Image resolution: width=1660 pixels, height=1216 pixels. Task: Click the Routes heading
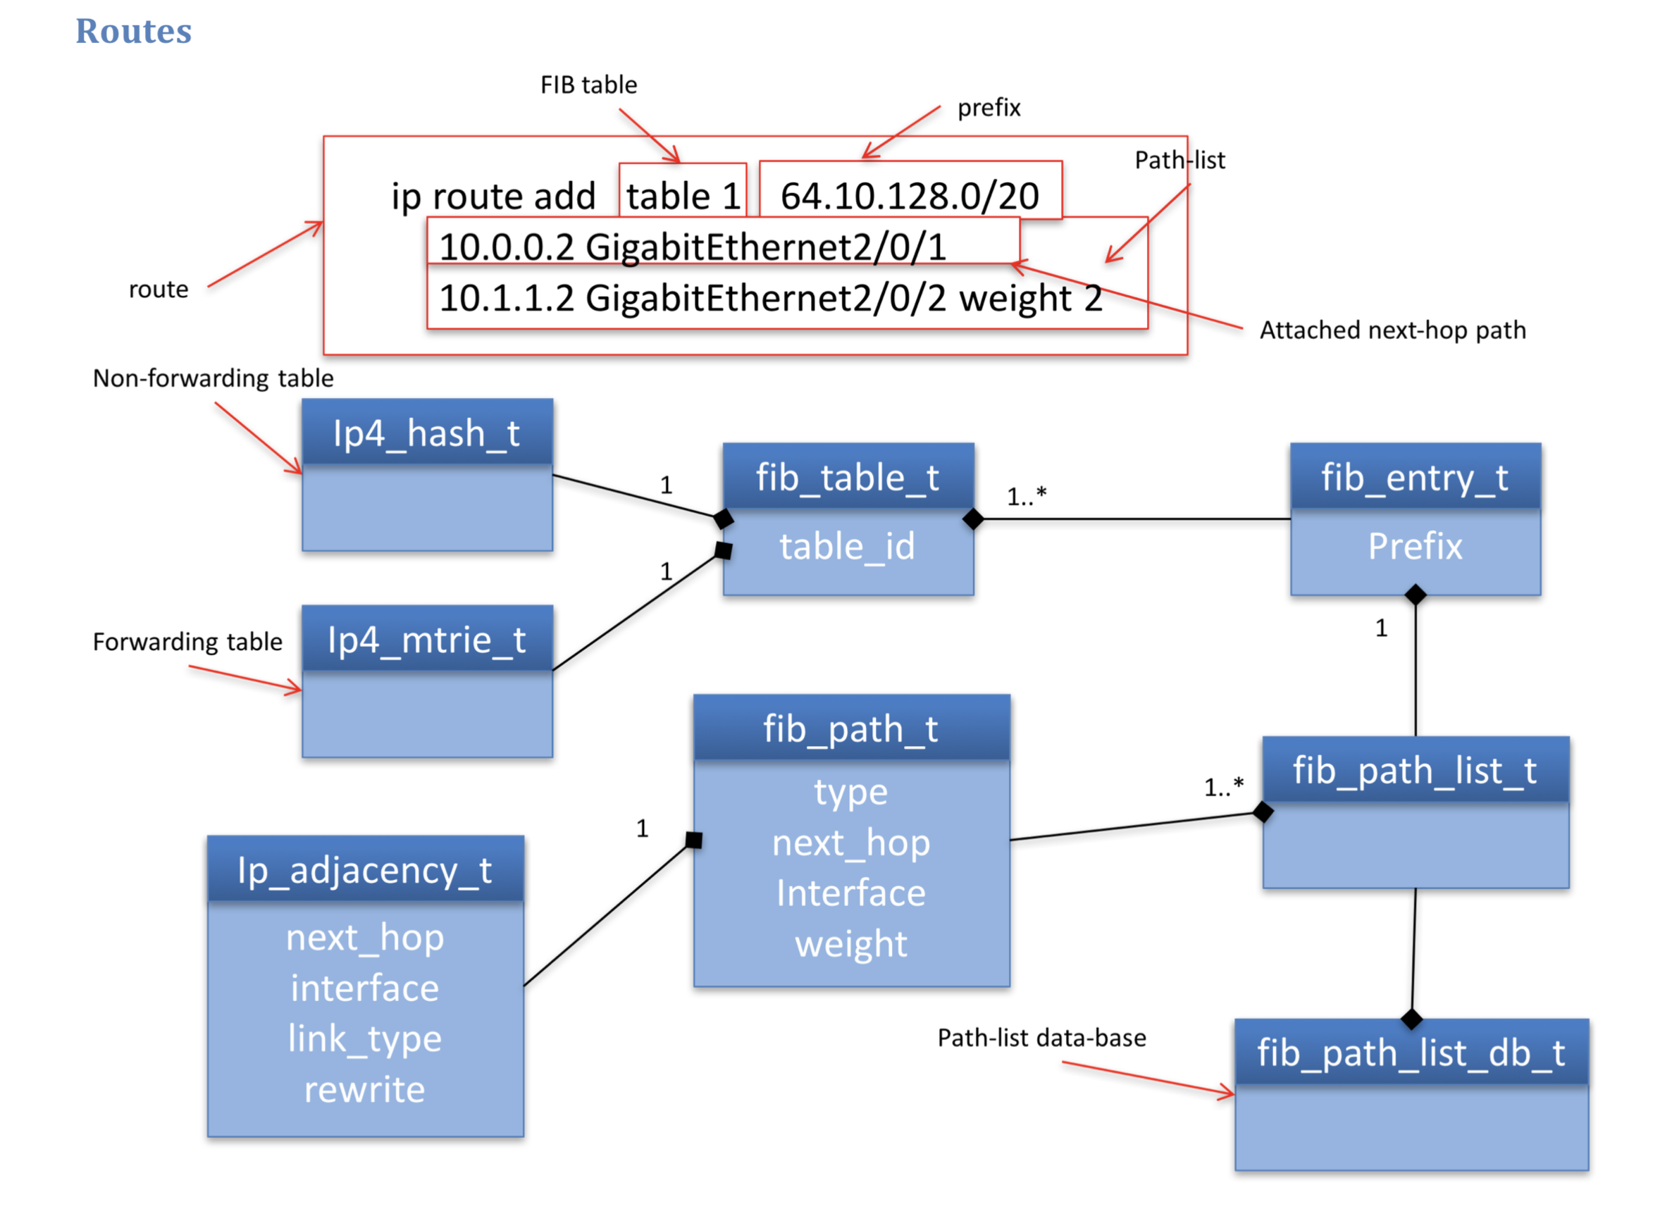[x=133, y=32]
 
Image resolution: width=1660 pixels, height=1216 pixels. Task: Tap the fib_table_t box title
[x=848, y=478]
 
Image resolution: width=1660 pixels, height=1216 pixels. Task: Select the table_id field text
[x=848, y=546]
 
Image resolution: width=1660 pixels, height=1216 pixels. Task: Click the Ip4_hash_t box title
[x=426, y=433]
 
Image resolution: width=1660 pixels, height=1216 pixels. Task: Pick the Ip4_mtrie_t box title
[x=426, y=640]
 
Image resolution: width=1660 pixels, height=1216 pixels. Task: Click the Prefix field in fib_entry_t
[x=1414, y=546]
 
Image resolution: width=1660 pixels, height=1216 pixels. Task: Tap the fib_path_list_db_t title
[x=1410, y=1052]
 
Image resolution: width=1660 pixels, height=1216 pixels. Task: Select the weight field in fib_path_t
[x=851, y=943]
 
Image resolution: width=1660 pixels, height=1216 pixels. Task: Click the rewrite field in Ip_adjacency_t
[x=364, y=1088]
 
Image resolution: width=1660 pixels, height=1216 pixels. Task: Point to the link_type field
[x=364, y=1038]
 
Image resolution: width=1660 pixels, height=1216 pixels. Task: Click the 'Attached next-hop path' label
[x=1392, y=330]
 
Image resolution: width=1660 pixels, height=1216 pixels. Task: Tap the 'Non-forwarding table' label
[x=213, y=378]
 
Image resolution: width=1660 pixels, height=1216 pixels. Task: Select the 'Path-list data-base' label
[x=1041, y=1037]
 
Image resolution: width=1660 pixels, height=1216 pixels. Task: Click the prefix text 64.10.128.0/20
[x=909, y=196]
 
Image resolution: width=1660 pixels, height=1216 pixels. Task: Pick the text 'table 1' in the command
[x=683, y=196]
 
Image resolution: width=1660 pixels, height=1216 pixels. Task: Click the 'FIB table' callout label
[x=588, y=85]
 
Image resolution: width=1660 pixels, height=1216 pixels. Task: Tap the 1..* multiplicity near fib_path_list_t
[x=1222, y=787]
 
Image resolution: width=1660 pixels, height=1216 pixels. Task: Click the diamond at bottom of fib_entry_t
[x=1415, y=594]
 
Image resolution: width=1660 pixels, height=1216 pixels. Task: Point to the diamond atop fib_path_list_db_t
[x=1411, y=1019]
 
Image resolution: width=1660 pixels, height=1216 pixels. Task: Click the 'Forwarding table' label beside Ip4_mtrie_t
[x=187, y=641]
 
